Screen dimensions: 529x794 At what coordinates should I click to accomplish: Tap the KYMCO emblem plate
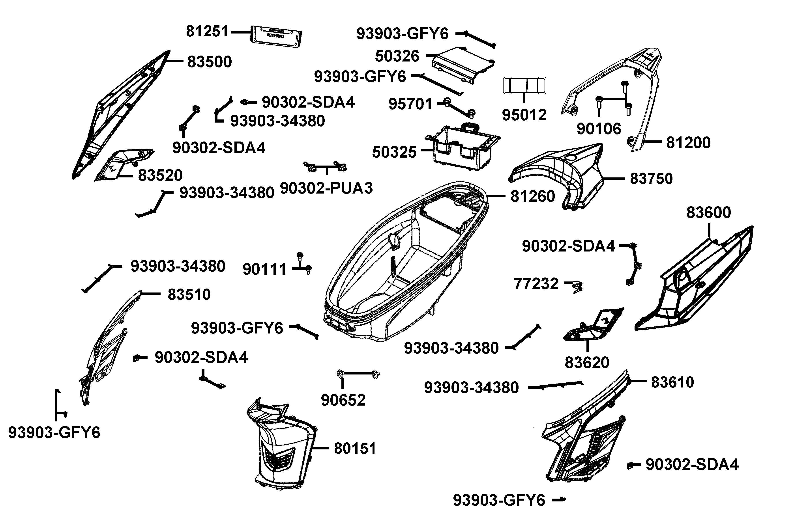click(276, 36)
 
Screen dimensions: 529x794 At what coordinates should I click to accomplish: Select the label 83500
click(210, 62)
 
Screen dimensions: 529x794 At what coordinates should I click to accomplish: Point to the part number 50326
click(397, 56)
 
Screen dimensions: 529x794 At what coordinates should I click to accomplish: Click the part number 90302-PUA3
click(326, 188)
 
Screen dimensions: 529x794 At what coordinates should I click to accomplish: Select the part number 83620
click(587, 363)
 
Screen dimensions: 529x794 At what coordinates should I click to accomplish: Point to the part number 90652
click(343, 400)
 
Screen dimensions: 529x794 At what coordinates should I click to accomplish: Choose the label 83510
click(189, 294)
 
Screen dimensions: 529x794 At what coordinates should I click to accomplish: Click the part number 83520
click(160, 175)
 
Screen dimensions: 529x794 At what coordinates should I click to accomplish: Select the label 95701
click(410, 104)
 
